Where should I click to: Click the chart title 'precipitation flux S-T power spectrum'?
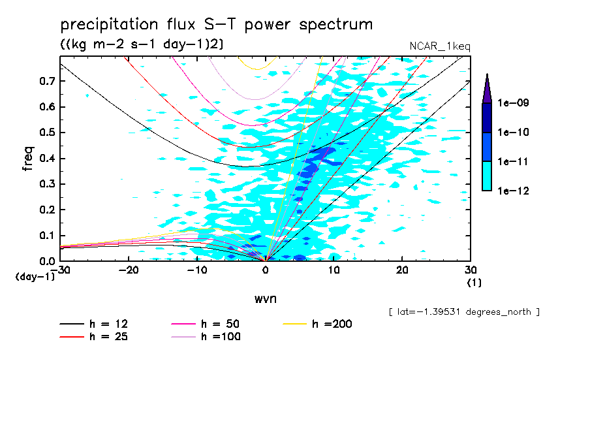click(217, 25)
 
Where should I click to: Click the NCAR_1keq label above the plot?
click(439, 46)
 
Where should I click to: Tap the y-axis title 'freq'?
click(27, 159)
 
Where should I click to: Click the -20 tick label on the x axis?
click(129, 270)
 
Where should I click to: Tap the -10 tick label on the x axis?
click(197, 270)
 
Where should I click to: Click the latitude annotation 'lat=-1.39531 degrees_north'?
click(463, 312)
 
